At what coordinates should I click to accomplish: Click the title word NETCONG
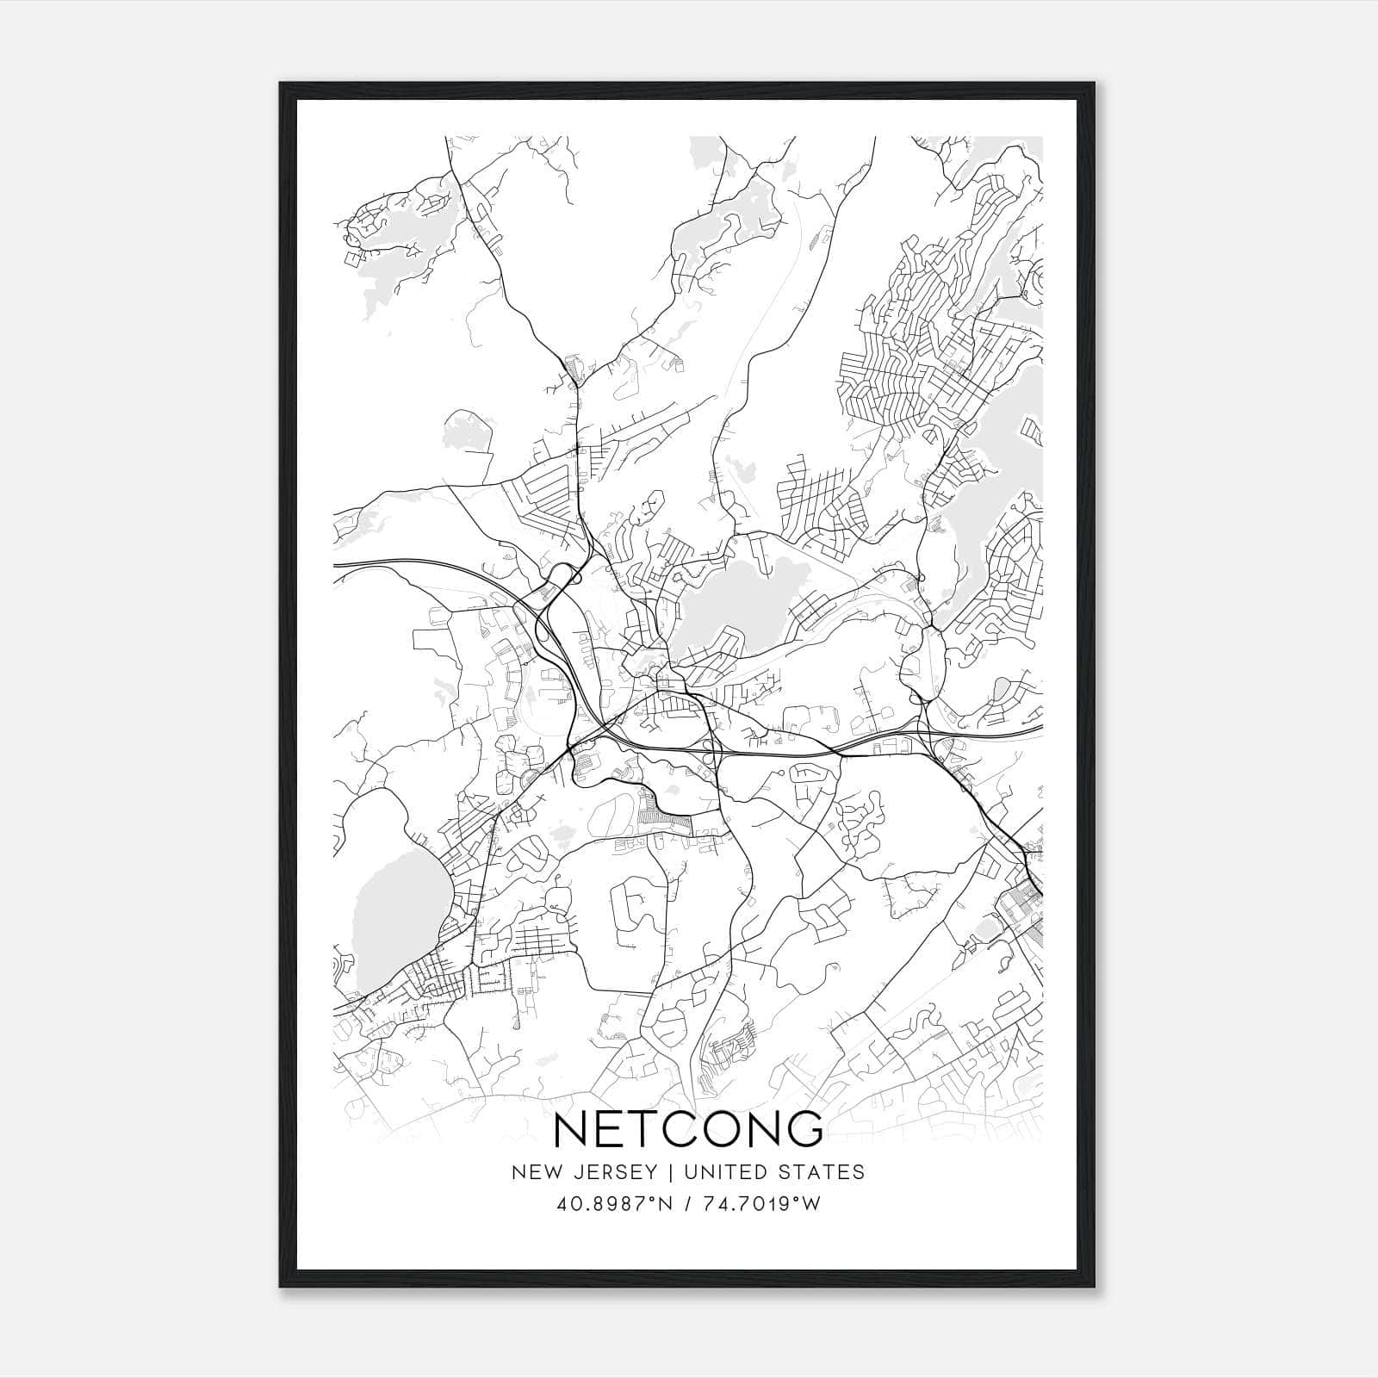688,1129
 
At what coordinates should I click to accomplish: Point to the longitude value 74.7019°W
761,1204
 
